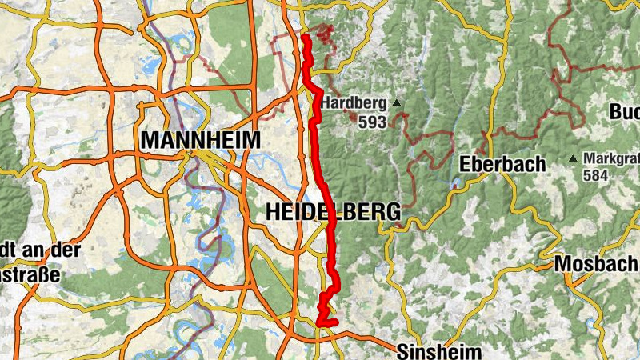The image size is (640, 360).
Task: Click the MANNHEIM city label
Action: [200, 140]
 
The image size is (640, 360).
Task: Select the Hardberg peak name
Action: [354, 103]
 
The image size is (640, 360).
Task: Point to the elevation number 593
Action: [373, 122]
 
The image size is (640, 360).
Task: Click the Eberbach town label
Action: [503, 165]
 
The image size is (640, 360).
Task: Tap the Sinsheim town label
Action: [439, 351]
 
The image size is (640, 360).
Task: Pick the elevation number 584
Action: [597, 174]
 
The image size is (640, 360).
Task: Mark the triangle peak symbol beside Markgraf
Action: [574, 158]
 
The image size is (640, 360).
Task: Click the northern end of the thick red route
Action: [306, 37]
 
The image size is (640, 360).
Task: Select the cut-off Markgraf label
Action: [611, 158]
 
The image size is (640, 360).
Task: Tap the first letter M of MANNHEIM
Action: [149, 140]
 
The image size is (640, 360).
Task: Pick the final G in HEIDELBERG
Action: [392, 212]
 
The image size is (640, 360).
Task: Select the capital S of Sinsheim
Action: [402, 351]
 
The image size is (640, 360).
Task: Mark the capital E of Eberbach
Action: [466, 165]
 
